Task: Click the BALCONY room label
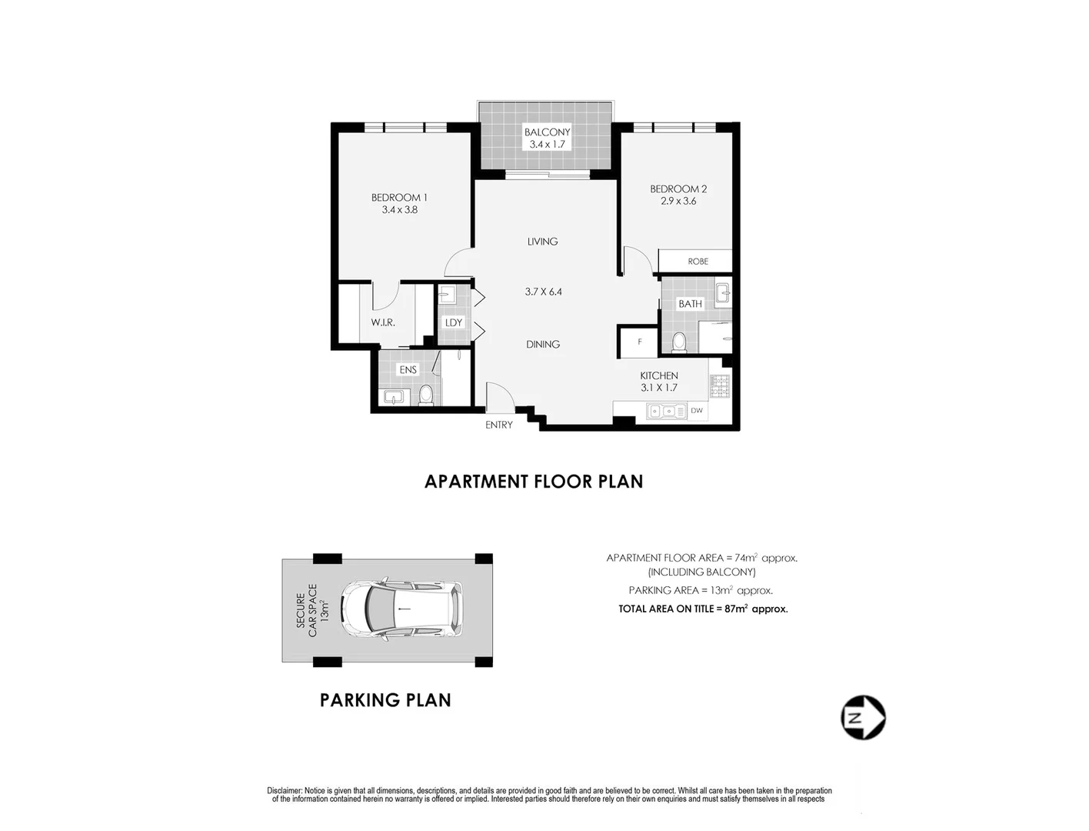(547, 132)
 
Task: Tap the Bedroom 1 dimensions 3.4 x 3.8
(399, 209)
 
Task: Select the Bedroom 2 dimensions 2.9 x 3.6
(678, 201)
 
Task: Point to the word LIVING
(542, 242)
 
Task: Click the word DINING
(542, 344)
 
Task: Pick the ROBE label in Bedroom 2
(698, 262)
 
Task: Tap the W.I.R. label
(383, 322)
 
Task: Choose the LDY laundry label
(454, 322)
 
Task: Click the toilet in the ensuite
(426, 395)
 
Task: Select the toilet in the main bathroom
(679, 341)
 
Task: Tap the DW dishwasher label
(697, 411)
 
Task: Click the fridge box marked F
(639, 342)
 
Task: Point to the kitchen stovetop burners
(720, 386)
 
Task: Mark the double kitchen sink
(666, 411)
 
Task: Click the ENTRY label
(498, 425)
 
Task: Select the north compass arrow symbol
(863, 718)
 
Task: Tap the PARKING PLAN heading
(385, 700)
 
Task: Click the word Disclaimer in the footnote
(285, 791)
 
